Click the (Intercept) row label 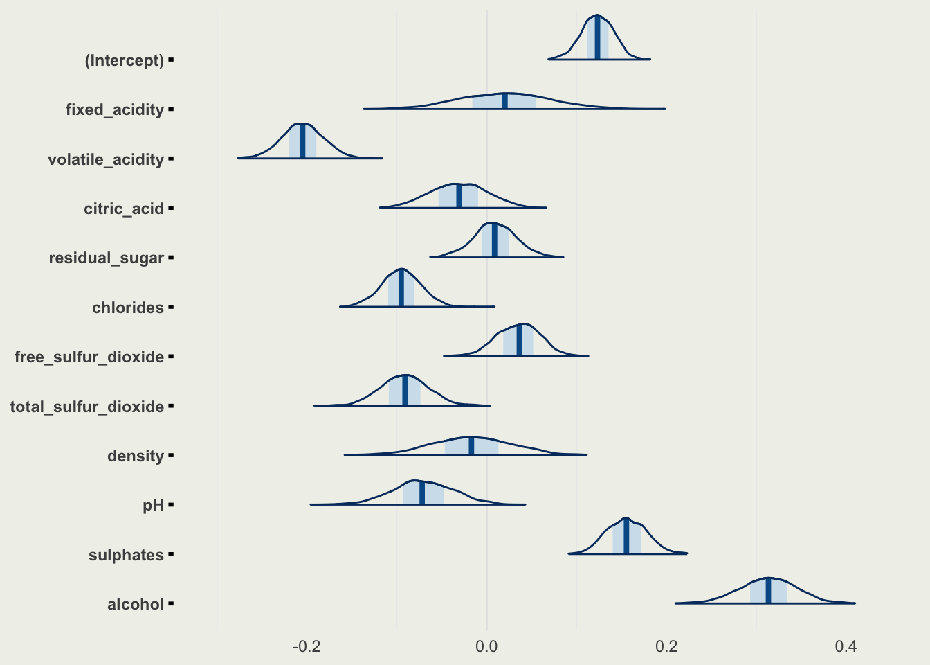pyautogui.click(x=125, y=60)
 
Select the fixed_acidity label pyautogui.click(x=115, y=109)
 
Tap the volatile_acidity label pyautogui.click(x=106, y=159)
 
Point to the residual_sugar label pyautogui.click(x=107, y=258)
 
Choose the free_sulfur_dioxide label pyautogui.click(x=89, y=357)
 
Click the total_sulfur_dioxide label pyautogui.click(x=87, y=407)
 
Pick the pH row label pyautogui.click(x=153, y=505)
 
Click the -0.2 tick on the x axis pyautogui.click(x=307, y=647)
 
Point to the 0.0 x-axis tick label pyautogui.click(x=486, y=647)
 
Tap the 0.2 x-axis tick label pyautogui.click(x=666, y=647)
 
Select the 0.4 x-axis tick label pyautogui.click(x=846, y=647)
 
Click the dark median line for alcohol pyautogui.click(x=768, y=590)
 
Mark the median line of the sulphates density pyautogui.click(x=626, y=536)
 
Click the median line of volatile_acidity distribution pyautogui.click(x=302, y=141)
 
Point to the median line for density pyautogui.click(x=471, y=446)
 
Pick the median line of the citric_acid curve pyautogui.click(x=459, y=195)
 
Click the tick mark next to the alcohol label pyautogui.click(x=171, y=604)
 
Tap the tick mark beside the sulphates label pyautogui.click(x=171, y=555)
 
